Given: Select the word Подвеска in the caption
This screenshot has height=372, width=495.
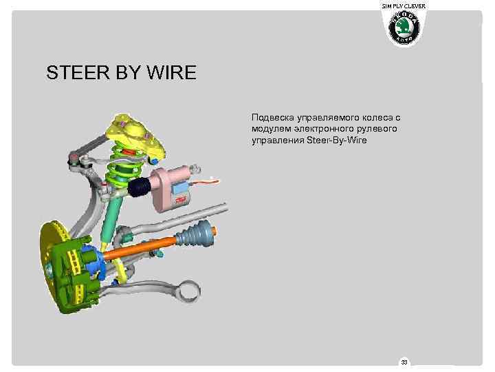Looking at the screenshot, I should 274,119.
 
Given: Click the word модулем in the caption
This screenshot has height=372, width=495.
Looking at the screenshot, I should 272,130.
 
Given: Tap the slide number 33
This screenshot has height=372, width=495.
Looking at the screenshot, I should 405,362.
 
